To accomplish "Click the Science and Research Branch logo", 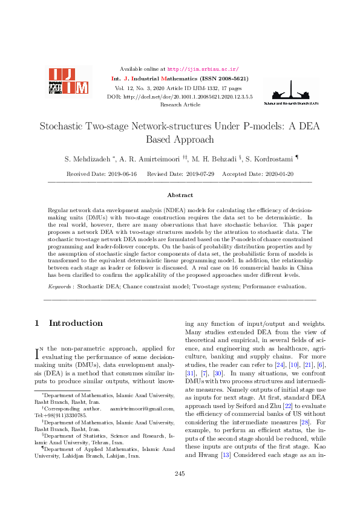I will [291, 92].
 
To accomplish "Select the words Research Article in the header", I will [180, 105].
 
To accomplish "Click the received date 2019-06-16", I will [122, 173].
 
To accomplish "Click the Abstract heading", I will [180, 195].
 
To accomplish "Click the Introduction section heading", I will [75, 323].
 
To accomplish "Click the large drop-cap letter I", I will [41, 352].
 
